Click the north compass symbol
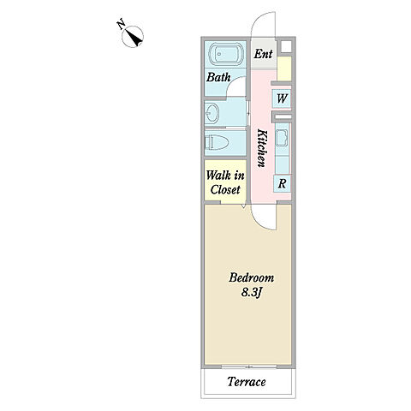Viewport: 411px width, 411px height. tap(133, 37)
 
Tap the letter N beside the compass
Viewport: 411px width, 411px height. tap(121, 24)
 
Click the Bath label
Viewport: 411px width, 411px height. tap(218, 77)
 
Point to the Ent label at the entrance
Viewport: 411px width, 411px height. tap(263, 54)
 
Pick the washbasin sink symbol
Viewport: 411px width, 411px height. tap(212, 112)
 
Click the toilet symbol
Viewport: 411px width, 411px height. tap(217, 142)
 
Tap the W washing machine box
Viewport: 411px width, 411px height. tap(282, 98)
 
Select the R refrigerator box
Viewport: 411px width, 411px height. tap(282, 183)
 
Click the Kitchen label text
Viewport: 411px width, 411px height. tap(262, 148)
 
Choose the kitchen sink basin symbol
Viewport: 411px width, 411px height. tap(282, 138)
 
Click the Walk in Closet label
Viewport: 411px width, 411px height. tap(225, 182)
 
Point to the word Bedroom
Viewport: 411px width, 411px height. tap(251, 277)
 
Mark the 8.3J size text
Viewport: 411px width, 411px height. tap(252, 292)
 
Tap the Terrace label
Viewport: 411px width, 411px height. tap(247, 381)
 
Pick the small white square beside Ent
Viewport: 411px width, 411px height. tap(286, 46)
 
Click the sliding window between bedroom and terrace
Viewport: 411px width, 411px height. tap(249, 366)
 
